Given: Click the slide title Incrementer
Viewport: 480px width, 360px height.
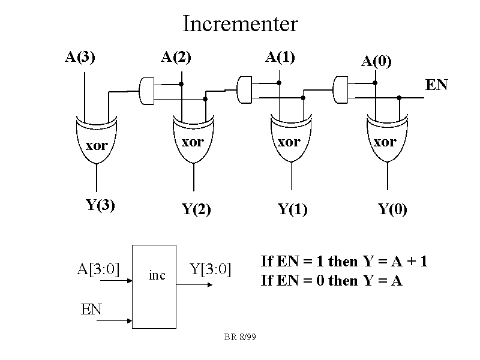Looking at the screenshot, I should (240, 24).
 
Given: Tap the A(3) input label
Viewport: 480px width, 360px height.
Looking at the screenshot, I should (80, 58).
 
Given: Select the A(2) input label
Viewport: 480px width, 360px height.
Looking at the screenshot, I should (176, 58).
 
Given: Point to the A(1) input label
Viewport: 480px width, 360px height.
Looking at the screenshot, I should (280, 58).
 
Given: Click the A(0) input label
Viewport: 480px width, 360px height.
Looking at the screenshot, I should (376, 61).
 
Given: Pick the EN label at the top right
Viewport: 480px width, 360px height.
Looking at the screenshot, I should (436, 85).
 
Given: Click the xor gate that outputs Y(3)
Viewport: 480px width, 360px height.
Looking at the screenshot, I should (97, 142).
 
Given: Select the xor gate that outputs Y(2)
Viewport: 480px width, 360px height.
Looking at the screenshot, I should (193, 142).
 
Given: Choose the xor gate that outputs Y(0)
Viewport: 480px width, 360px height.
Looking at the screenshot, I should (385, 142).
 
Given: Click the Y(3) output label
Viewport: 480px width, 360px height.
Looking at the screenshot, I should (100, 205).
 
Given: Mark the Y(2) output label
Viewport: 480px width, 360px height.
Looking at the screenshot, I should (196, 210).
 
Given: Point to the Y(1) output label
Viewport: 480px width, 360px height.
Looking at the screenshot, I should (292, 210).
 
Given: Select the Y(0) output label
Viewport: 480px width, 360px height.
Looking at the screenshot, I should (392, 210).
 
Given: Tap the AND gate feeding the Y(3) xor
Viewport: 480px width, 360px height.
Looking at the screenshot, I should (147, 89).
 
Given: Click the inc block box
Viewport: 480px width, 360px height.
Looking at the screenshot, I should (154, 287).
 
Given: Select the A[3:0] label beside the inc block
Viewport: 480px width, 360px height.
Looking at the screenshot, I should (98, 269).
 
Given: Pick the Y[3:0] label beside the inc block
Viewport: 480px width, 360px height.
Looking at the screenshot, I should (211, 269).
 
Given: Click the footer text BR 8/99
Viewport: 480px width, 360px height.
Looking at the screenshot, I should (240, 338).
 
